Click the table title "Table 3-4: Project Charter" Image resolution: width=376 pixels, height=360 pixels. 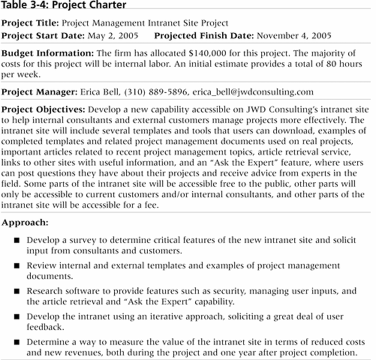[x=64, y=5]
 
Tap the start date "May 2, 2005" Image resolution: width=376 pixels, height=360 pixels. [x=112, y=35]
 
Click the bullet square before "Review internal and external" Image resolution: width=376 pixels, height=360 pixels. [x=16, y=265]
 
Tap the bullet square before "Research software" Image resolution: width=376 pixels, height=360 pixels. [x=16, y=290]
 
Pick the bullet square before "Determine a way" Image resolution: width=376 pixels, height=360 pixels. [x=16, y=342]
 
